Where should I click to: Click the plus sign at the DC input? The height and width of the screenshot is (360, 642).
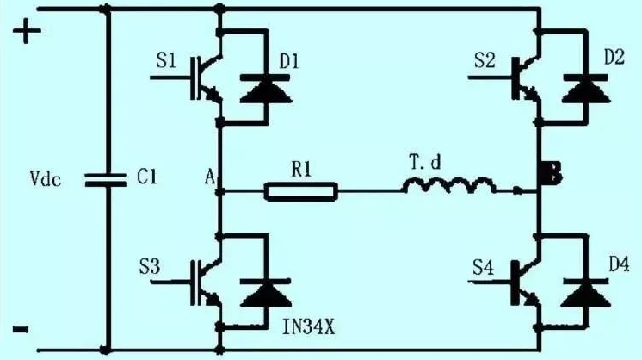pyautogui.click(x=27, y=31)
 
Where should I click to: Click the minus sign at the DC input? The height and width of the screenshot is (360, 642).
pyautogui.click(x=21, y=329)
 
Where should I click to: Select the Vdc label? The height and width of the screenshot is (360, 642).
pyautogui.click(x=46, y=179)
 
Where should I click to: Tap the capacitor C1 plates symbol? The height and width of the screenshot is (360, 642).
pyautogui.click(x=105, y=180)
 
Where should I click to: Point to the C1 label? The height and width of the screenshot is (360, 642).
pyautogui.click(x=146, y=177)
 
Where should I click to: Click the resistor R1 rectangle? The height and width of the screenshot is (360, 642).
pyautogui.click(x=301, y=192)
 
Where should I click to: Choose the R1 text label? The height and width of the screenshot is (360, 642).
pyautogui.click(x=301, y=169)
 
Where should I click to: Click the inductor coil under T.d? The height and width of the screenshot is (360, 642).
pyautogui.click(x=448, y=185)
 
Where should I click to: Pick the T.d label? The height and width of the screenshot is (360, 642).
pyautogui.click(x=426, y=162)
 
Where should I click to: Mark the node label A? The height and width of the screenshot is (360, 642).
pyautogui.click(x=210, y=177)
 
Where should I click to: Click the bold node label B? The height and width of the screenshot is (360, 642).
pyautogui.click(x=551, y=172)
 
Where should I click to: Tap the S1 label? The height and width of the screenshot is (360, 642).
pyautogui.click(x=166, y=60)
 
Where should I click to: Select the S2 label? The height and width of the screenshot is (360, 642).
pyautogui.click(x=485, y=60)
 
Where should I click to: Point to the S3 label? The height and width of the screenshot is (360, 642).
pyautogui.click(x=149, y=267)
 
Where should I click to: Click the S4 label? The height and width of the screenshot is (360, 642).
pyautogui.click(x=483, y=267)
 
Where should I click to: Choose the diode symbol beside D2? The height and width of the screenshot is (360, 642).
pyautogui.click(x=586, y=89)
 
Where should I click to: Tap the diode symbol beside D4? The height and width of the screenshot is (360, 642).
pyautogui.click(x=586, y=293)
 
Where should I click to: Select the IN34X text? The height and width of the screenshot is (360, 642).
pyautogui.click(x=309, y=326)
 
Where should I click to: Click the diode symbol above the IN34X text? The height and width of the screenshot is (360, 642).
pyautogui.click(x=266, y=293)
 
